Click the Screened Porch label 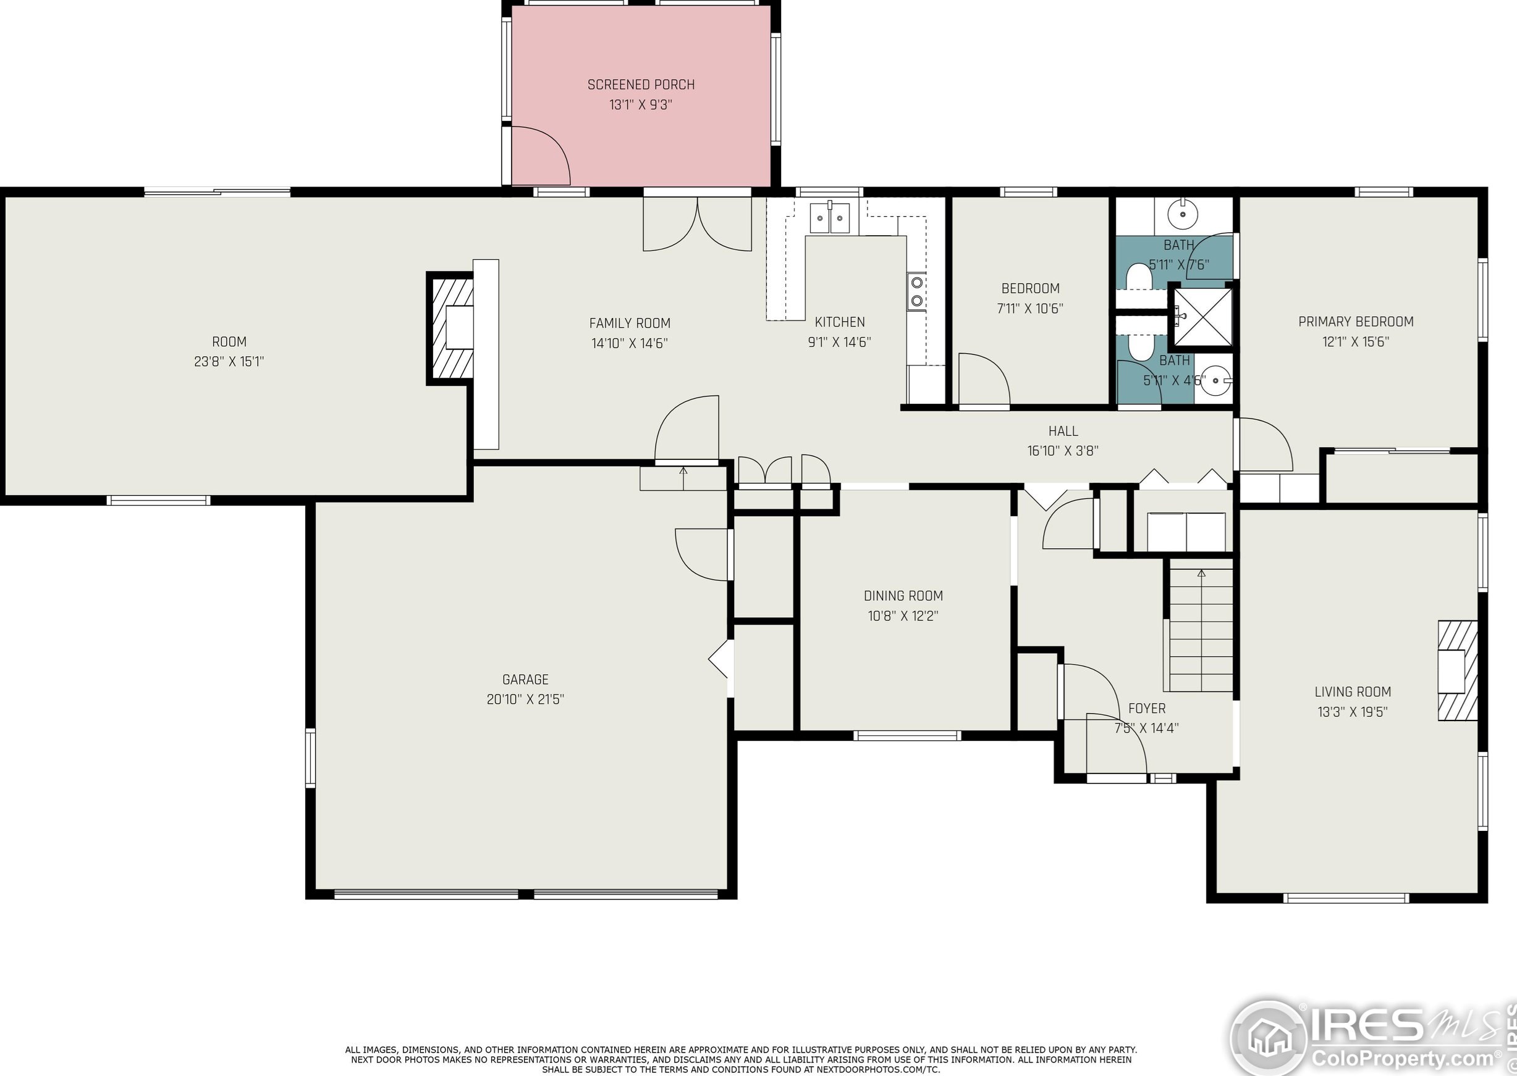tap(641, 85)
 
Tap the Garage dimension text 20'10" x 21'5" tap(525, 699)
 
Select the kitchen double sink tap(829, 218)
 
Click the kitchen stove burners tap(917, 291)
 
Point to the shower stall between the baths tap(1202, 317)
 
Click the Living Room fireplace tap(1457, 670)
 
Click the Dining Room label tap(903, 596)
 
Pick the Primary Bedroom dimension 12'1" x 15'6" tap(1356, 342)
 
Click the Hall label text tap(1063, 431)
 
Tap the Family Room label tap(630, 323)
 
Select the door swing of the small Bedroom tap(984, 379)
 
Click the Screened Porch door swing tap(540, 155)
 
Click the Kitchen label tap(839, 322)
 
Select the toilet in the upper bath tap(1139, 277)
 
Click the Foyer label tap(1146, 708)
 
